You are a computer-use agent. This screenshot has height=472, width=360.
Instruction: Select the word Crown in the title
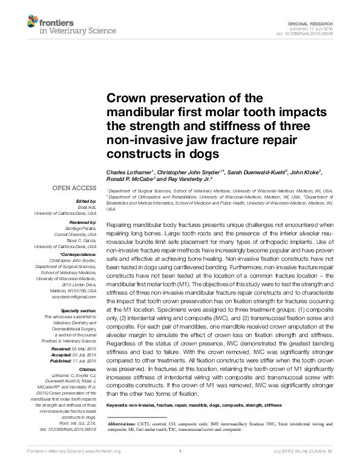point(126,99)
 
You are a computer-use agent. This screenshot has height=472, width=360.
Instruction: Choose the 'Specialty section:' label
point(78,310)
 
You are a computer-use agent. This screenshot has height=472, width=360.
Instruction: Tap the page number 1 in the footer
point(180,468)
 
